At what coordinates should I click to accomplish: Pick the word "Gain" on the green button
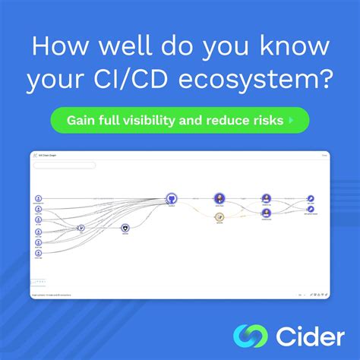click(x=81, y=120)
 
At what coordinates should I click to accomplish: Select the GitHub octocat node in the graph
click(x=172, y=198)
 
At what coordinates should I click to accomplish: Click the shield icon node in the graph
click(x=125, y=227)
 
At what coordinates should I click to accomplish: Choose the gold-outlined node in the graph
click(x=219, y=217)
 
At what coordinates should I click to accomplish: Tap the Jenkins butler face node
click(x=219, y=198)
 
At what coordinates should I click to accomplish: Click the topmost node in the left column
click(x=39, y=198)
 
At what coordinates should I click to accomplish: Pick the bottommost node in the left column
click(x=39, y=255)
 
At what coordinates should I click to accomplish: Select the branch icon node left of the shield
click(x=81, y=227)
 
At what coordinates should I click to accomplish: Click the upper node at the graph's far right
click(x=311, y=198)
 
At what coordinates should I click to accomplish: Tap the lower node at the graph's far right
click(x=311, y=209)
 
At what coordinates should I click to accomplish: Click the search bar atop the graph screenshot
click(x=65, y=165)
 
